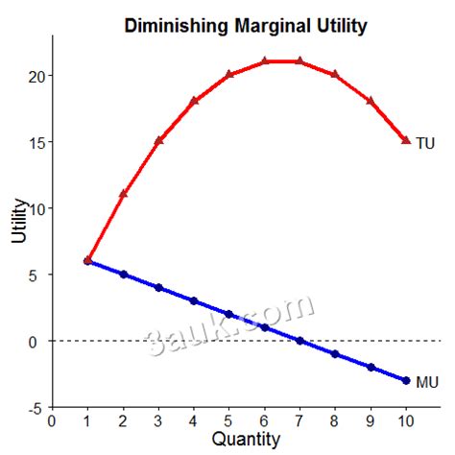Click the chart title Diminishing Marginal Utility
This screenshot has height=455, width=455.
pos(246,26)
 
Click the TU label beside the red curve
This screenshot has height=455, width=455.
pos(425,143)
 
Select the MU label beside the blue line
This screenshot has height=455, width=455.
pos(427,382)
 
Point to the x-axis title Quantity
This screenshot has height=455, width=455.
pos(246,440)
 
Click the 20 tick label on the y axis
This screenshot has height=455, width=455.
pos(35,76)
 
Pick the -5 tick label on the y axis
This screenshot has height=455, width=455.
pos(35,408)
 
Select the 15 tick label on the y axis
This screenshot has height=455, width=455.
pos(35,142)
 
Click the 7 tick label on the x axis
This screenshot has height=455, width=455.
pos(299,419)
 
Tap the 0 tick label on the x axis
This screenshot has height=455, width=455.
pos(52,419)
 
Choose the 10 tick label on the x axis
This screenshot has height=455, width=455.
pos(406,419)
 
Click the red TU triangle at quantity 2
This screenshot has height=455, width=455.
pos(123,194)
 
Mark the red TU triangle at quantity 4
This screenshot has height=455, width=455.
pos(194,101)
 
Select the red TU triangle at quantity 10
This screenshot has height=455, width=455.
pos(406,141)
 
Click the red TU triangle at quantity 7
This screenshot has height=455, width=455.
pos(299,61)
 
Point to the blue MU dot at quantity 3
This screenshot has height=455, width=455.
pos(158,288)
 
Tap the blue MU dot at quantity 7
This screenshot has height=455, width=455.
pos(299,341)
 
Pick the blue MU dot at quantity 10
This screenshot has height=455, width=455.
pos(406,381)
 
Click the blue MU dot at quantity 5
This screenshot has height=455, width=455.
pos(229,314)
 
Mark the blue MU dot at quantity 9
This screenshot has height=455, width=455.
pos(371,368)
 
